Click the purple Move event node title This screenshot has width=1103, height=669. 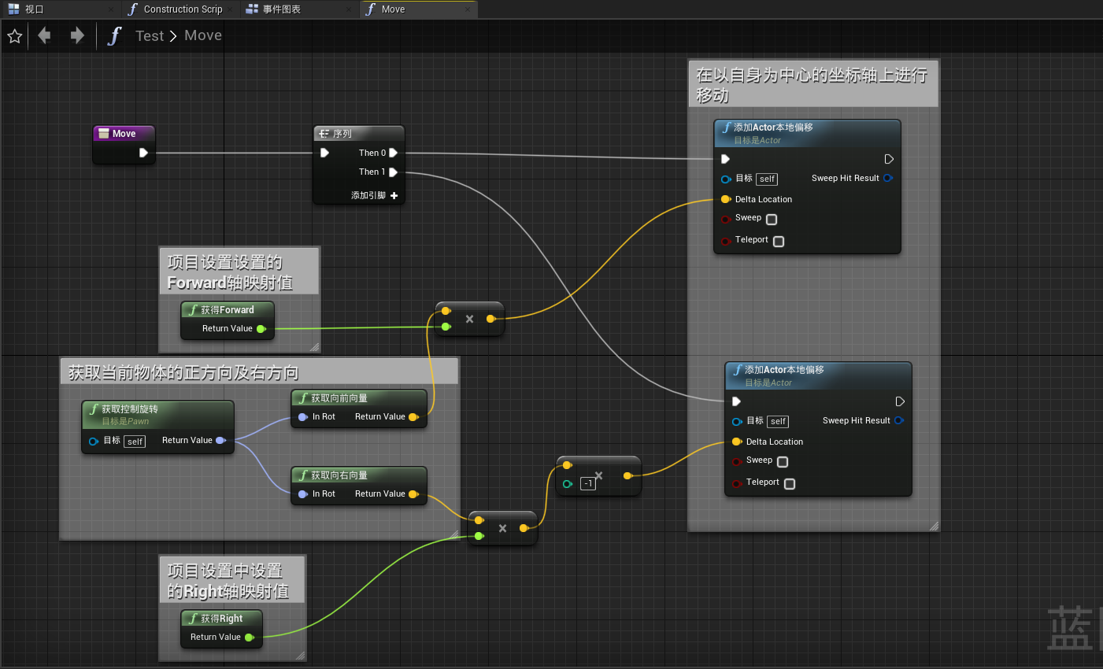tap(123, 134)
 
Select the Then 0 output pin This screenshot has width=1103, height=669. tap(393, 153)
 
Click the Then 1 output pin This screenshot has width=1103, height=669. tap(393, 172)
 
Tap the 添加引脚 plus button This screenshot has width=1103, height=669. tap(394, 195)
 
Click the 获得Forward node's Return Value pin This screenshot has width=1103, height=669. tap(261, 329)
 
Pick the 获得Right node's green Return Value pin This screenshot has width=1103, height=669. tap(249, 638)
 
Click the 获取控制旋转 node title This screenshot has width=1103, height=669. tap(129, 409)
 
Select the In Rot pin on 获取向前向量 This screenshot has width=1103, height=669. tap(303, 417)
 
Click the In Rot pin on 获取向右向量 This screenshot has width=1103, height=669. tap(303, 494)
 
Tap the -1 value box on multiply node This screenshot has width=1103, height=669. tap(587, 483)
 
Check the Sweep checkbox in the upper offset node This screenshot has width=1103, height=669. tap(772, 220)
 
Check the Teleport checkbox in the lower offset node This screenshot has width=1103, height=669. tap(790, 484)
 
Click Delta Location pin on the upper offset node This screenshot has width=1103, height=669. tap(726, 199)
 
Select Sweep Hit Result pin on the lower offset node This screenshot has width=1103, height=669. tap(899, 420)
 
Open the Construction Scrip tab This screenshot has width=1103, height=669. tap(183, 9)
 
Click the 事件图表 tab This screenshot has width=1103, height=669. tap(281, 9)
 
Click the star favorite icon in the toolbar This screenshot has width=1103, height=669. tap(14, 36)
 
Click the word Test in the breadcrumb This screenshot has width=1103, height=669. tap(149, 36)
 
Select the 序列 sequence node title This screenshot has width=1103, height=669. tap(342, 134)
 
